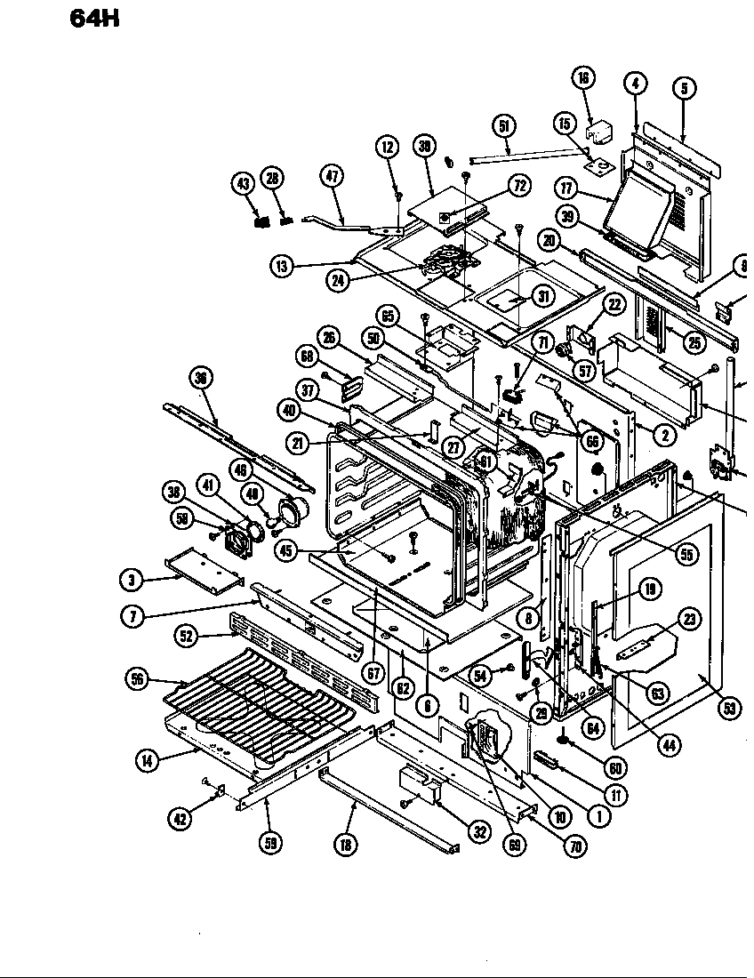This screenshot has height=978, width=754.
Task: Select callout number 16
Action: point(583,78)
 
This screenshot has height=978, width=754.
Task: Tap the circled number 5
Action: point(684,87)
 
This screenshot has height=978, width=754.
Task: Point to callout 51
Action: point(504,126)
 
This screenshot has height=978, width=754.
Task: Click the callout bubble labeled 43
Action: point(243,183)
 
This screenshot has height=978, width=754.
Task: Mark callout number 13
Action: point(282,265)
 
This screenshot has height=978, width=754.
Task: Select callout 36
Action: point(202,378)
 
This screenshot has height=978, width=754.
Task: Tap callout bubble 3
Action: point(132,580)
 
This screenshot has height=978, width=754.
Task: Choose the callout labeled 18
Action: point(345,845)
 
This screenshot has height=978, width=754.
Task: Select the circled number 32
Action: point(479,833)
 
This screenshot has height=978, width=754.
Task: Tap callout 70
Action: point(575,846)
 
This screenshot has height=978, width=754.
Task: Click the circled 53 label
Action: point(729,708)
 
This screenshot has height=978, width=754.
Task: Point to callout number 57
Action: point(584,371)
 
